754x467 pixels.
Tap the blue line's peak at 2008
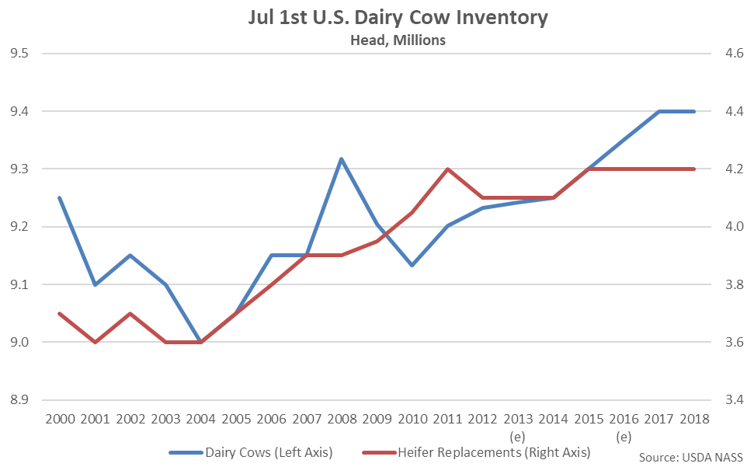click(341, 159)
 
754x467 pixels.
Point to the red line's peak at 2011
click(446, 169)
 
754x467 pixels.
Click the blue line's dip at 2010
click(412, 265)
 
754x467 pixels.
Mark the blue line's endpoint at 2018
click(693, 111)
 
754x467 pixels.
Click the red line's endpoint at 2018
click(693, 169)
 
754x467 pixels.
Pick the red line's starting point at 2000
click(60, 313)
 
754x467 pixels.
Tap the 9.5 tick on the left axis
click(19, 54)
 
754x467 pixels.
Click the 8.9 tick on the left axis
click(19, 400)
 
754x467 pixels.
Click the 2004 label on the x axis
click(200, 420)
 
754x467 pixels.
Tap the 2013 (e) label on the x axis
click(517, 428)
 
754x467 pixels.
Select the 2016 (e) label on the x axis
click(623, 428)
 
